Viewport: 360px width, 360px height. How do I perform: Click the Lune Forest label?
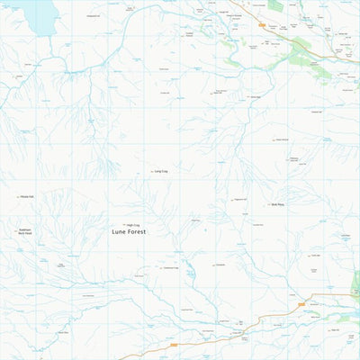(128, 231)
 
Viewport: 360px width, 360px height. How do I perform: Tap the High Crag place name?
(133, 224)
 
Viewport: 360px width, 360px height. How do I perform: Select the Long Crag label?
(162, 171)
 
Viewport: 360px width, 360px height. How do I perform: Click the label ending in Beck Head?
(24, 231)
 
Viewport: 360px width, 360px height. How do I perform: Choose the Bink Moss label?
(277, 204)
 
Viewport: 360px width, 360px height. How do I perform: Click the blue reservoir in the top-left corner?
(36, 13)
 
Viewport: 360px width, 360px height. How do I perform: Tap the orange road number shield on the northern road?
(262, 24)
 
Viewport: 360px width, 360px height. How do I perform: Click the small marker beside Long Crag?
(151, 171)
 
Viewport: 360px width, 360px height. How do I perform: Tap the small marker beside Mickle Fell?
(16, 196)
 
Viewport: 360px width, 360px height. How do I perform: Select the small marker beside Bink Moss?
(268, 204)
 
